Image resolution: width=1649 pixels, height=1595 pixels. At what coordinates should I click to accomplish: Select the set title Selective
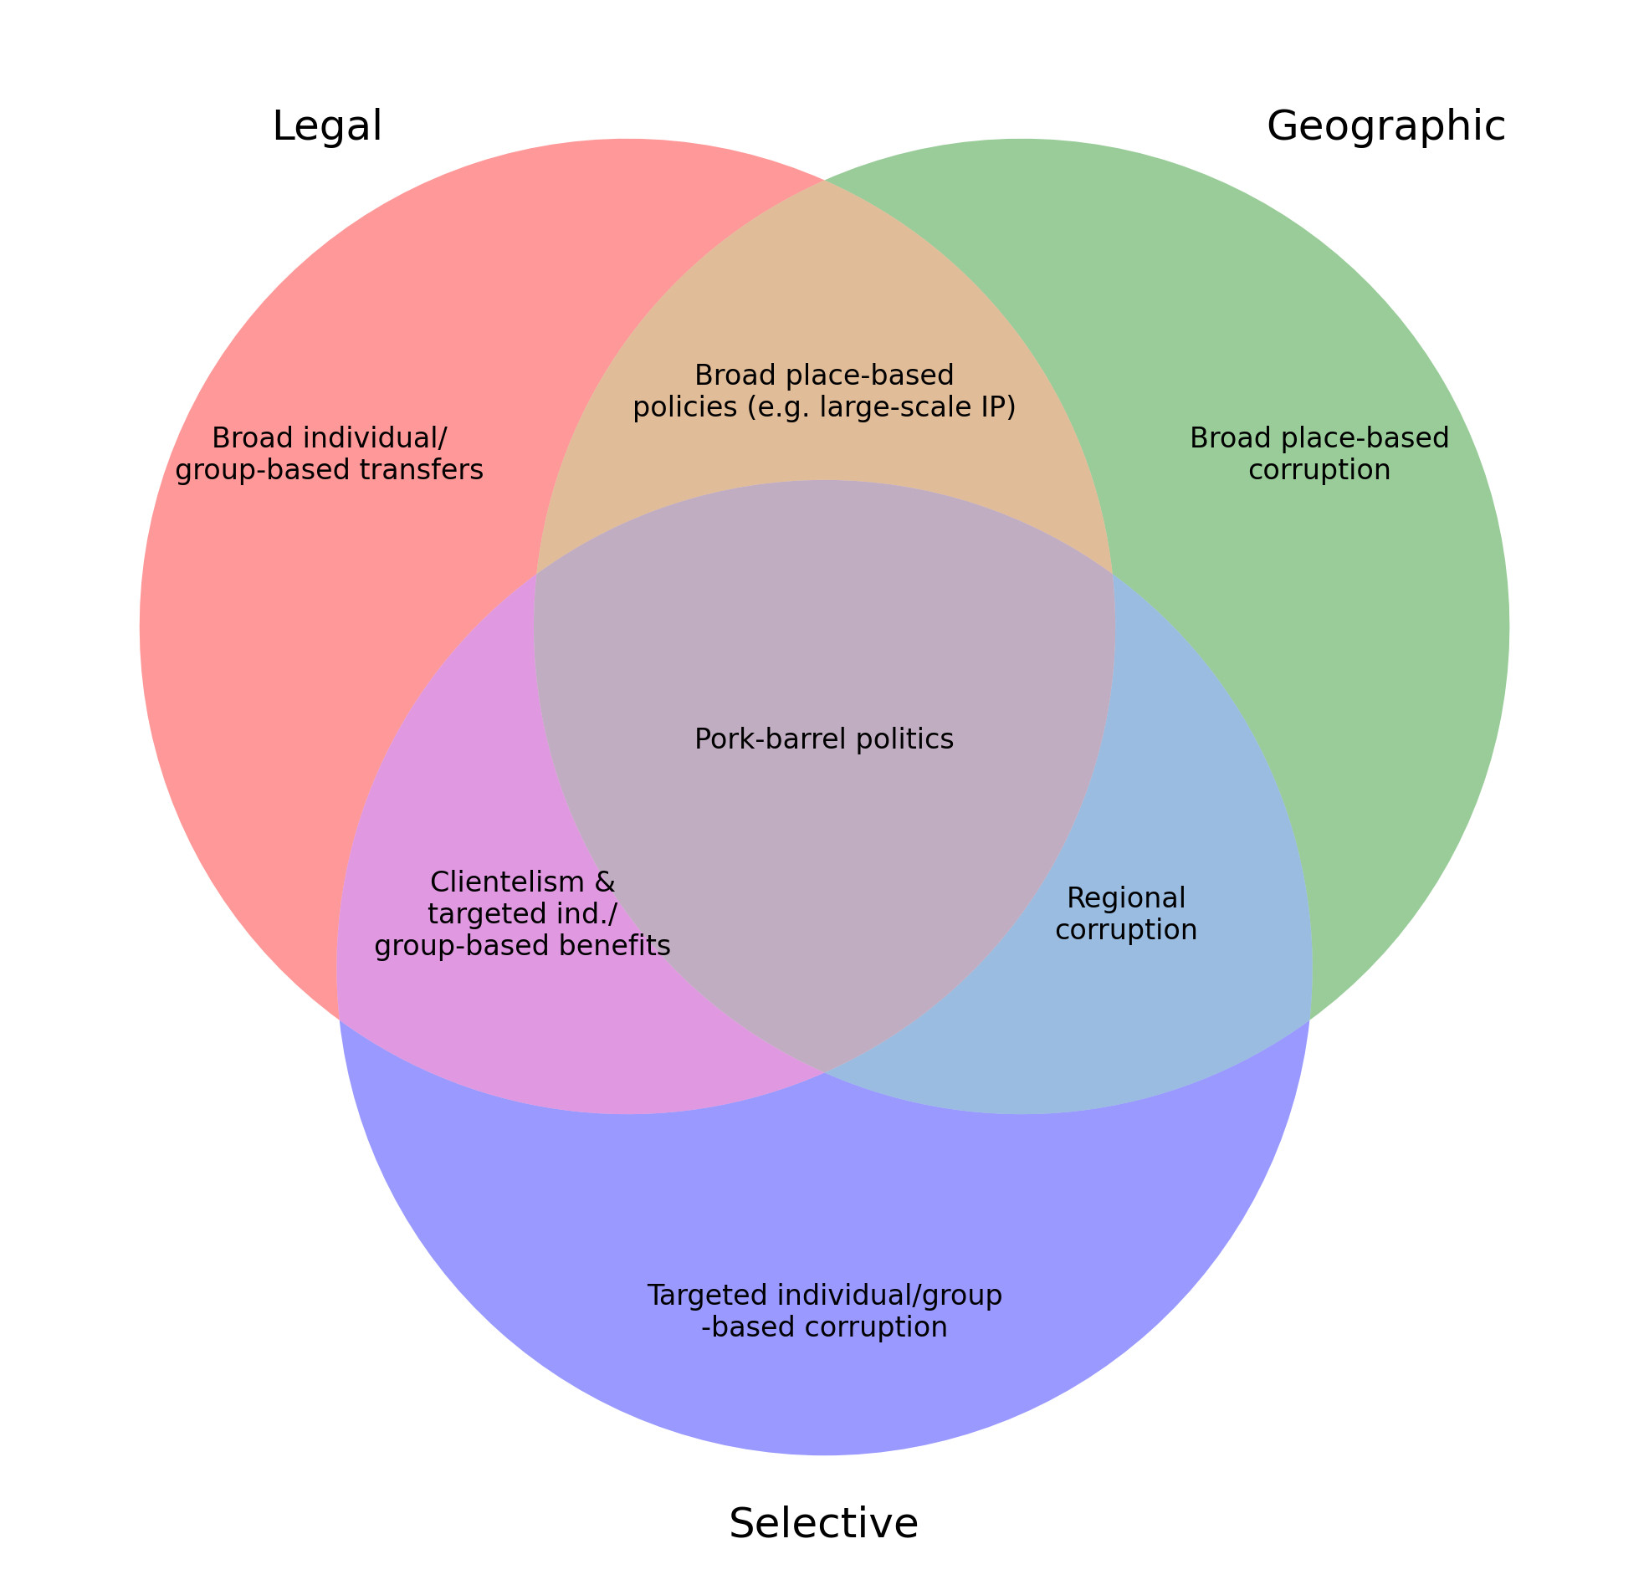click(x=823, y=1523)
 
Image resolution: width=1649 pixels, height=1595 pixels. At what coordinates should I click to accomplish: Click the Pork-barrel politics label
click(x=823, y=739)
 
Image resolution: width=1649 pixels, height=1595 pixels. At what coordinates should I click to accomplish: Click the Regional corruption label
click(x=1126, y=913)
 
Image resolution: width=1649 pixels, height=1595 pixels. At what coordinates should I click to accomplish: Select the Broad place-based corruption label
click(x=1319, y=453)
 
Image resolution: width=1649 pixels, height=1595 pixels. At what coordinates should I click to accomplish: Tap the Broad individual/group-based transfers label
click(x=329, y=453)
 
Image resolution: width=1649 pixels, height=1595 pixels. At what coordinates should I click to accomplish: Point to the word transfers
click(x=425, y=469)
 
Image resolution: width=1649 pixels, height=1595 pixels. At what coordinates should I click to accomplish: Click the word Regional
click(x=1126, y=898)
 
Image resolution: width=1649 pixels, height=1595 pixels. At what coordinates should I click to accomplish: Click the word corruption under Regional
click(x=1126, y=930)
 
